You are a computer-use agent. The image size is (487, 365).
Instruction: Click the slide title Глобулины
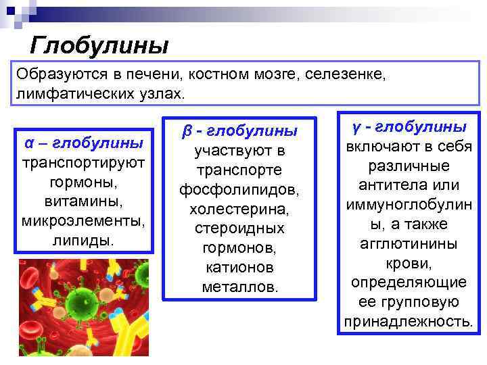pos(99,46)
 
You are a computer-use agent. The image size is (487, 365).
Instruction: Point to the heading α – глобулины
pos(84,143)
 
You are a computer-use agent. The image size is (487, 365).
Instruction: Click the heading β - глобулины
pos(239,129)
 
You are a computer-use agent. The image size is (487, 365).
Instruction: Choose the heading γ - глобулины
pos(409,126)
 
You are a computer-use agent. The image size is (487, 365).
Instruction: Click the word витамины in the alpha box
pos(84,202)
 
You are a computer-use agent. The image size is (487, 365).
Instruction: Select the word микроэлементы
pos(84,221)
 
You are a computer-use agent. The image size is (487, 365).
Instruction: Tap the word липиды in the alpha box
pos(83,241)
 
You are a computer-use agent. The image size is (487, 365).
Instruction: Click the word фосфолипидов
pos(239,190)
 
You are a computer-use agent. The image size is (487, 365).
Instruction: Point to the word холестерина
pos(239,210)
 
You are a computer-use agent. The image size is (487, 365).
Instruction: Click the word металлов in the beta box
pos(239,287)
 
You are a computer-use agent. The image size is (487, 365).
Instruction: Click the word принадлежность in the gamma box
pos(408,320)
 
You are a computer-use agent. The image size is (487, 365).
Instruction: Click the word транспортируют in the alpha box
pos(84,163)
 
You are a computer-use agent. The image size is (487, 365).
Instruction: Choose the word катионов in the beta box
pos(239,268)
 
